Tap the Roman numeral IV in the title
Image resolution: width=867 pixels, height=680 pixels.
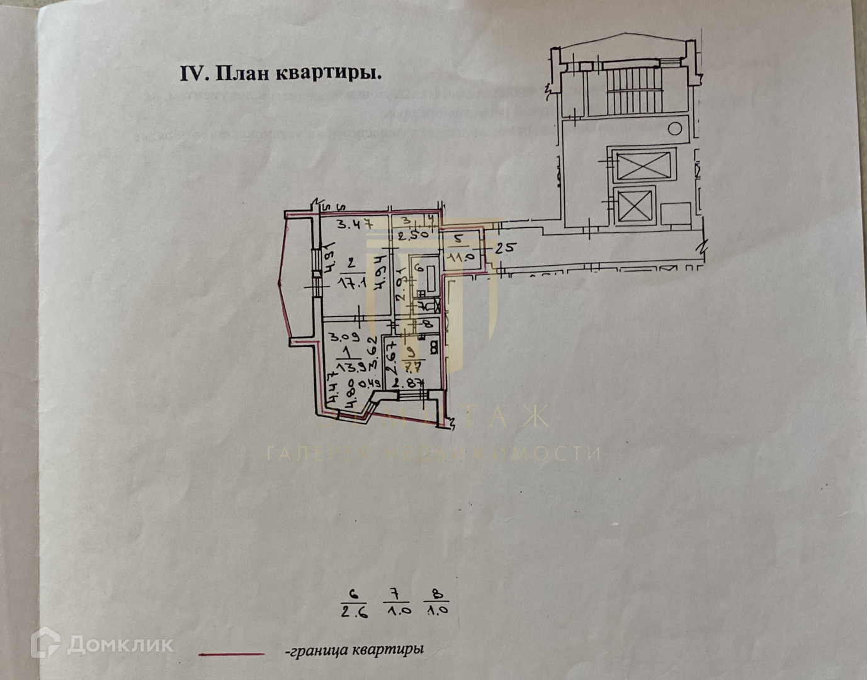tap(194, 74)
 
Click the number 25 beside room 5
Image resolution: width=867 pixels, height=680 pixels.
tap(504, 247)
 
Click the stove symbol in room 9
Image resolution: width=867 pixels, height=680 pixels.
tap(434, 346)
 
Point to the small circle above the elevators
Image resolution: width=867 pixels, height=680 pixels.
tap(675, 129)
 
